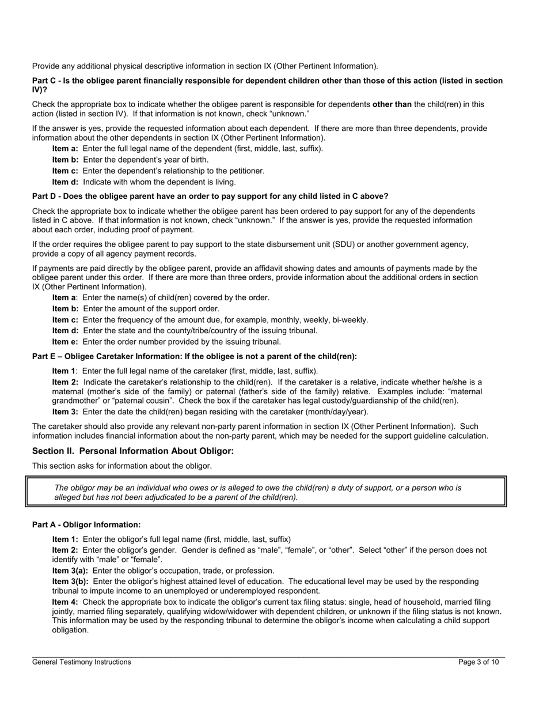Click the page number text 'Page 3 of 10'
(478, 662)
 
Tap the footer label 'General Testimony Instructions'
(82, 662)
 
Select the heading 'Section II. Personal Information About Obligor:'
(133, 451)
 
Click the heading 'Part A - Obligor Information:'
(86, 525)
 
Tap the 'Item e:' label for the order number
(66, 342)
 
